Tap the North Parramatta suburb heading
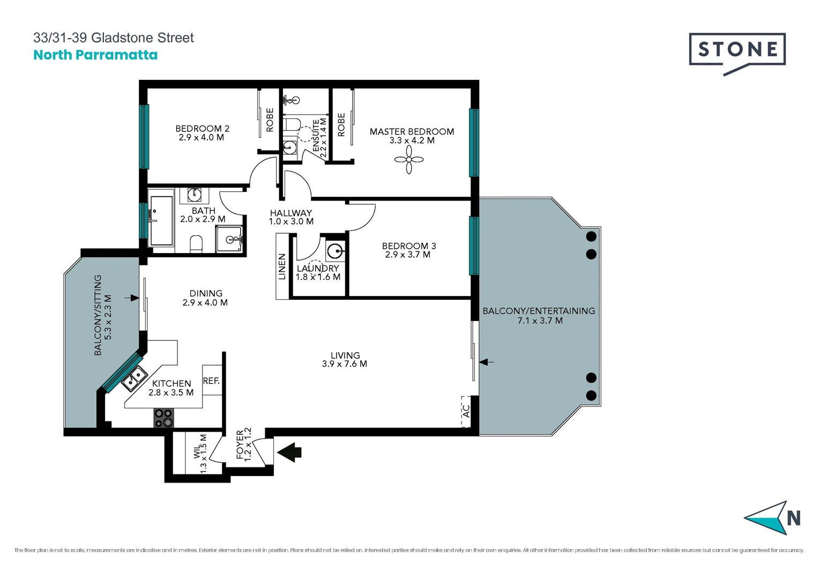[95, 55]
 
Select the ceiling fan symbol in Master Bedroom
[409, 160]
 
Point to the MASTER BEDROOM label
[412, 131]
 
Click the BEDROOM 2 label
[202, 129]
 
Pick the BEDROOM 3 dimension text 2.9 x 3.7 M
[407, 255]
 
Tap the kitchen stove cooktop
[163, 418]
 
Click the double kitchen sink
[135, 378]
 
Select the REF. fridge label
[211, 381]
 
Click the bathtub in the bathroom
[161, 220]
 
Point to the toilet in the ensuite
[292, 125]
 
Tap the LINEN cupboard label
[282, 266]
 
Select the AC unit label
[466, 411]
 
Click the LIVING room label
[345, 355]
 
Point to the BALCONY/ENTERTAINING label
[539, 311]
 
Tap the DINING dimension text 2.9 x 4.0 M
[205, 303]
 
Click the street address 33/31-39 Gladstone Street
[114, 38]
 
